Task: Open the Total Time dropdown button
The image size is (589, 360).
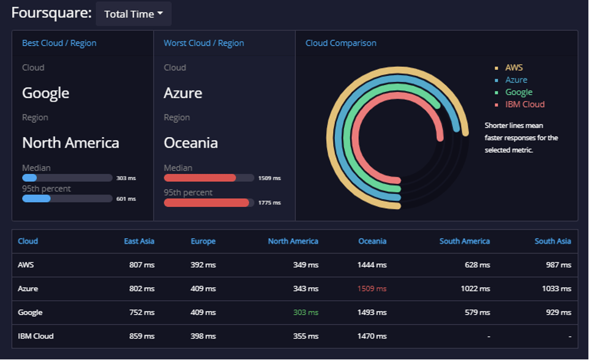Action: point(133,14)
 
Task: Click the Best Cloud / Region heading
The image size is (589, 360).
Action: point(59,43)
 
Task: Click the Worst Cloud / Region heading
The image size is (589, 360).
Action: point(203,43)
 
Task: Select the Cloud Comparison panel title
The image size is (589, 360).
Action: point(340,43)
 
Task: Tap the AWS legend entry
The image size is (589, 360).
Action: point(514,68)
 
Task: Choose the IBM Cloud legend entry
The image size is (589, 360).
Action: point(524,104)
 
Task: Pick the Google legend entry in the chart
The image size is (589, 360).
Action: point(519,92)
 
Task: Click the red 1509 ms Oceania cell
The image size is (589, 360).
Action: point(372,288)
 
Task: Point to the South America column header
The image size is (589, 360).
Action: point(464,241)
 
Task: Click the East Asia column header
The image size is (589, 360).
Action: point(139,241)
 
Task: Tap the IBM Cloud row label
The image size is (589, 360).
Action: point(36,336)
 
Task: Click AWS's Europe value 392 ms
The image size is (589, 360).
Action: point(203,265)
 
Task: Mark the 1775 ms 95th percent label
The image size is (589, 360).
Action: point(269,203)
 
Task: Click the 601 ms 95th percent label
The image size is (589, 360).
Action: point(126,199)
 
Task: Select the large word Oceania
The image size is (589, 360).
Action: point(190,143)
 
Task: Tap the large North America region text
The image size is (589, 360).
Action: point(70,143)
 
